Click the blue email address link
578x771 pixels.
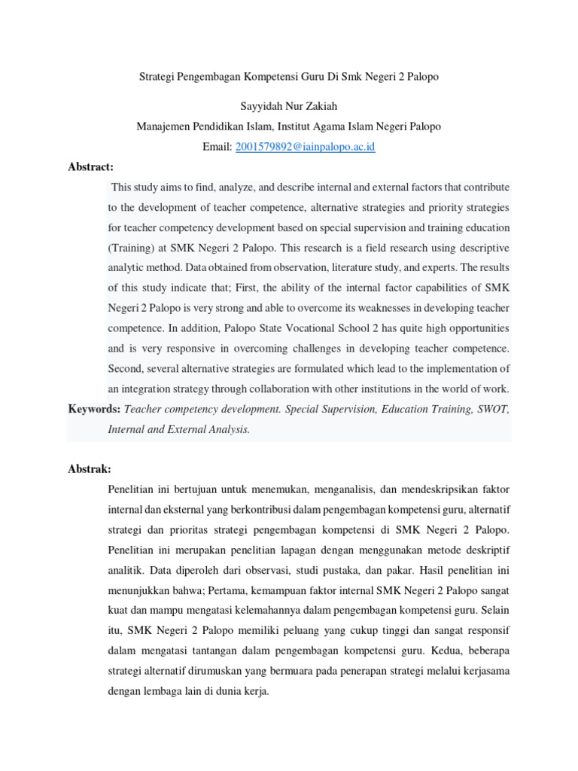[x=305, y=147]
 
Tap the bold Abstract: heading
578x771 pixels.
[x=90, y=167]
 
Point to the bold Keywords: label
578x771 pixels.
[x=94, y=409]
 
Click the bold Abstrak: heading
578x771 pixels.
[x=90, y=468]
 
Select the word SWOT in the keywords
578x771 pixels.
[x=493, y=409]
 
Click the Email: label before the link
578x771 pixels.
[x=218, y=147]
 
